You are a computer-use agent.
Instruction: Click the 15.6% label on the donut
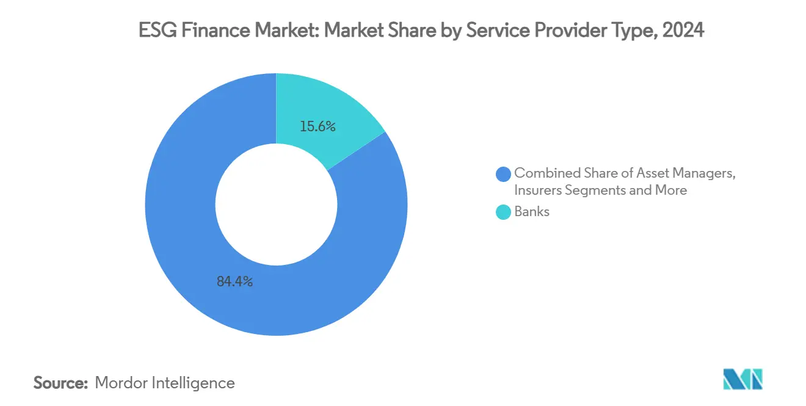[318, 127]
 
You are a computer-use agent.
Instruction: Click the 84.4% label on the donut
[234, 282]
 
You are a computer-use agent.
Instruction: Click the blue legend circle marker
[504, 174]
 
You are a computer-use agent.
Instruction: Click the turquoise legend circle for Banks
[504, 212]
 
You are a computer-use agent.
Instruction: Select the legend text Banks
[532, 212]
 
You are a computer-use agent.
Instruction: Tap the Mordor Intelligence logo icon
[742, 380]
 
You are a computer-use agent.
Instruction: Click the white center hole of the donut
[276, 204]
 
